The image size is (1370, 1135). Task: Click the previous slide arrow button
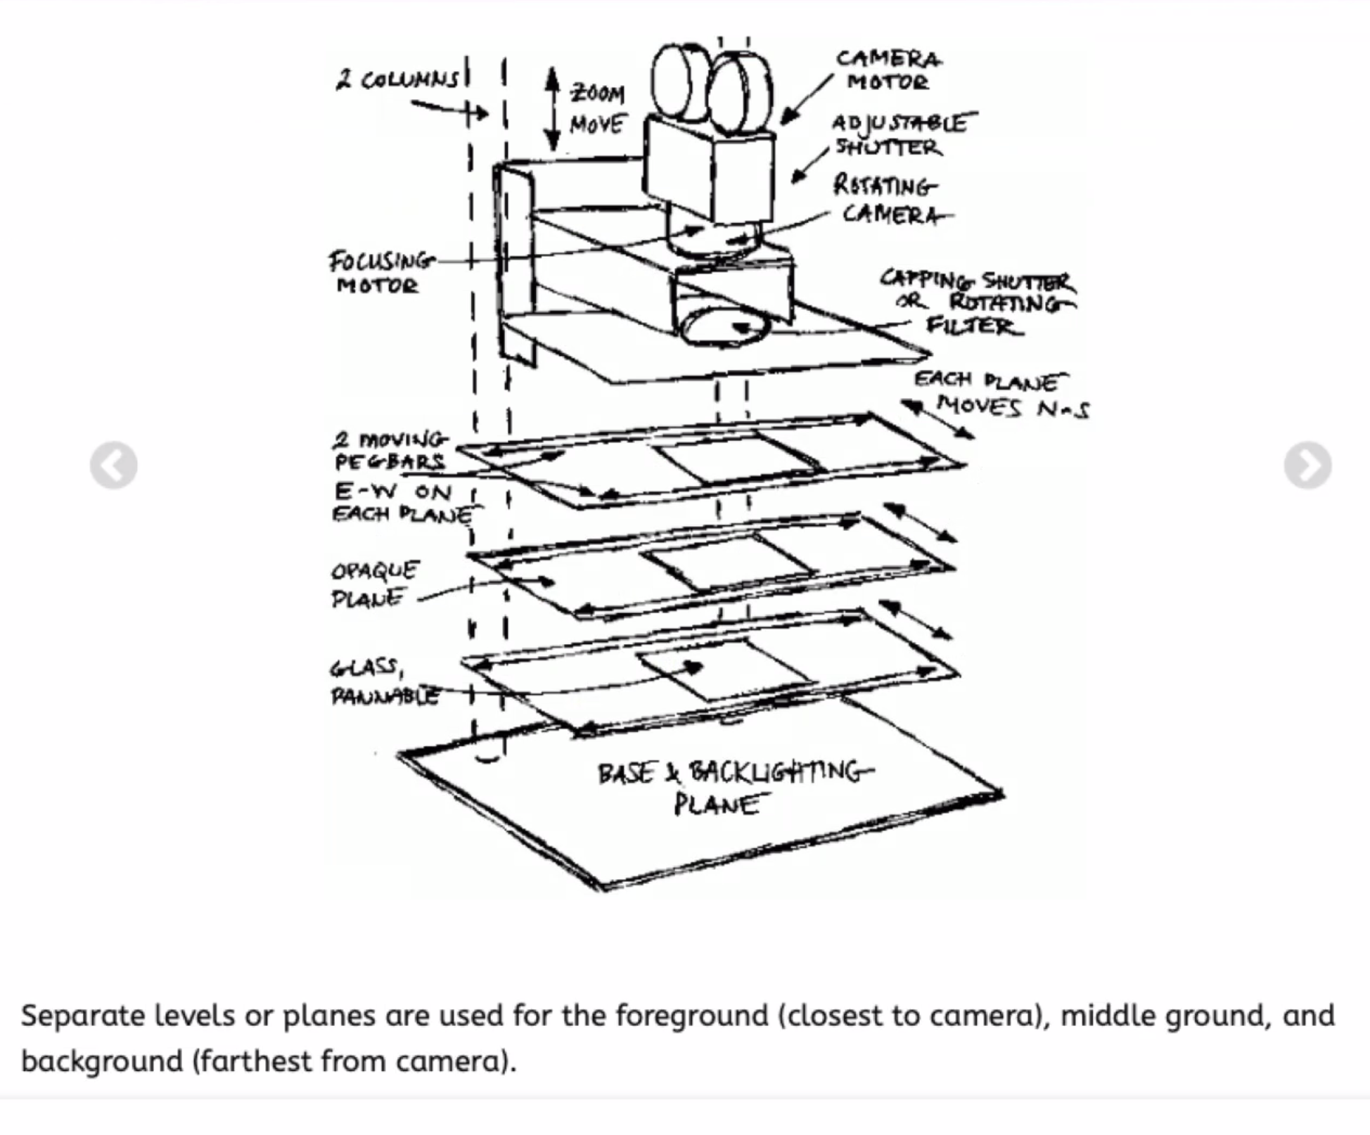click(113, 465)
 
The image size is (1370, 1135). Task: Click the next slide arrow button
click(1307, 465)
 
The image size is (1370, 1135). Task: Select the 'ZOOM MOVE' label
click(596, 108)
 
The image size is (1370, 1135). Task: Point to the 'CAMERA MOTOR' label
click(888, 70)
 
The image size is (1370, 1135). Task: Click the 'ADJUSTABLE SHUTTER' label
click(898, 135)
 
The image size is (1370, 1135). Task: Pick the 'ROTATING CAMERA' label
click(890, 200)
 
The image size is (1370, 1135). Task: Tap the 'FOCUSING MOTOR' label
click(380, 273)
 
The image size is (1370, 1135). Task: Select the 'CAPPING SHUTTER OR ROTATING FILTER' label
click(978, 303)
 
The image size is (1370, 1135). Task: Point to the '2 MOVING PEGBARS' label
click(390, 451)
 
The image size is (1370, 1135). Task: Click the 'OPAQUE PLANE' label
click(374, 584)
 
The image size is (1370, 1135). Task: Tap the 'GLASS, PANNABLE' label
click(384, 681)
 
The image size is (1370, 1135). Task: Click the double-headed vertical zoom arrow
click(553, 110)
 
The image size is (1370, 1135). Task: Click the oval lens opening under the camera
click(724, 328)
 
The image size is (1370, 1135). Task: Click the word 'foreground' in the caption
click(691, 1015)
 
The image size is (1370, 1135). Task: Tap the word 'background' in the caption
click(102, 1061)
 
